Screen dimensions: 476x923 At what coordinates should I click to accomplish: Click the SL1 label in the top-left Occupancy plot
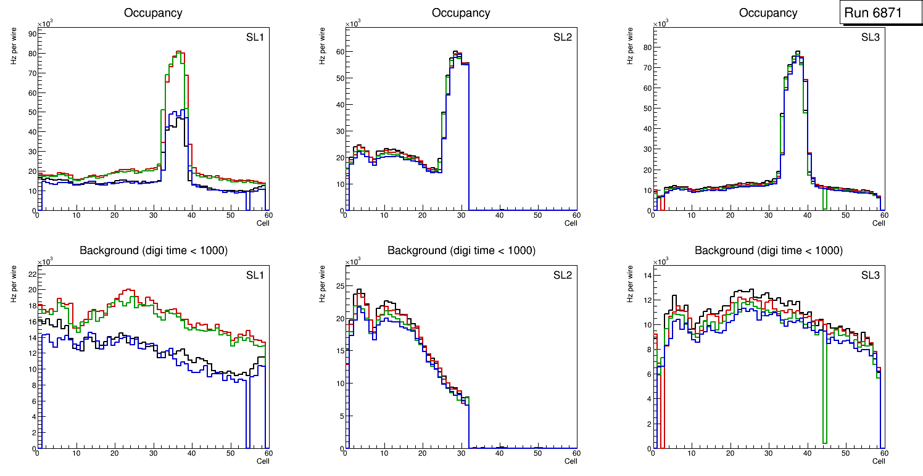coord(255,38)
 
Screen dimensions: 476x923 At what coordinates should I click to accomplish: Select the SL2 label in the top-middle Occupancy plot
coord(563,38)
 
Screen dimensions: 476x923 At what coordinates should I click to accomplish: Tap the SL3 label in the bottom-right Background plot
coord(871,275)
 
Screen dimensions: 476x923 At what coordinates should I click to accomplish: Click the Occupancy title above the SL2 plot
coord(461,12)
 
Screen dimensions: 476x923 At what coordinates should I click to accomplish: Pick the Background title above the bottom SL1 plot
coord(153,250)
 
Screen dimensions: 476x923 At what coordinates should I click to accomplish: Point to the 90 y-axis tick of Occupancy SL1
coord(31,34)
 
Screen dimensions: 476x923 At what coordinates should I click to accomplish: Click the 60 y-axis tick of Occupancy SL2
coord(338,52)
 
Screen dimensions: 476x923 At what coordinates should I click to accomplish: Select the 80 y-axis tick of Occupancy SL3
coord(645,47)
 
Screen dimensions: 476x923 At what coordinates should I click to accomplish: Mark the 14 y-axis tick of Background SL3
coord(645,275)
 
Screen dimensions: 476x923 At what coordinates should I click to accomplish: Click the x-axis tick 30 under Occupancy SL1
coord(153,215)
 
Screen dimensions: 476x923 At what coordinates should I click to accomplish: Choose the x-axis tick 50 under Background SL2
coord(537,453)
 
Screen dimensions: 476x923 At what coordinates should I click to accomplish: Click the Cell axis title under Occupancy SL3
coord(879,223)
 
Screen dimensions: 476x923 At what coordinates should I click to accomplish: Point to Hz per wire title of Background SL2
coord(323,284)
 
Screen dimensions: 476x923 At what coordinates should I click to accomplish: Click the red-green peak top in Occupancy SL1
coord(178,52)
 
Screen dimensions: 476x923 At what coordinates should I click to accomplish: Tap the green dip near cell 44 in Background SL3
coord(824,432)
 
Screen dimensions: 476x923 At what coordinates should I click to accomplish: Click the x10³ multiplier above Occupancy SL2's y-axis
coord(353,23)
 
